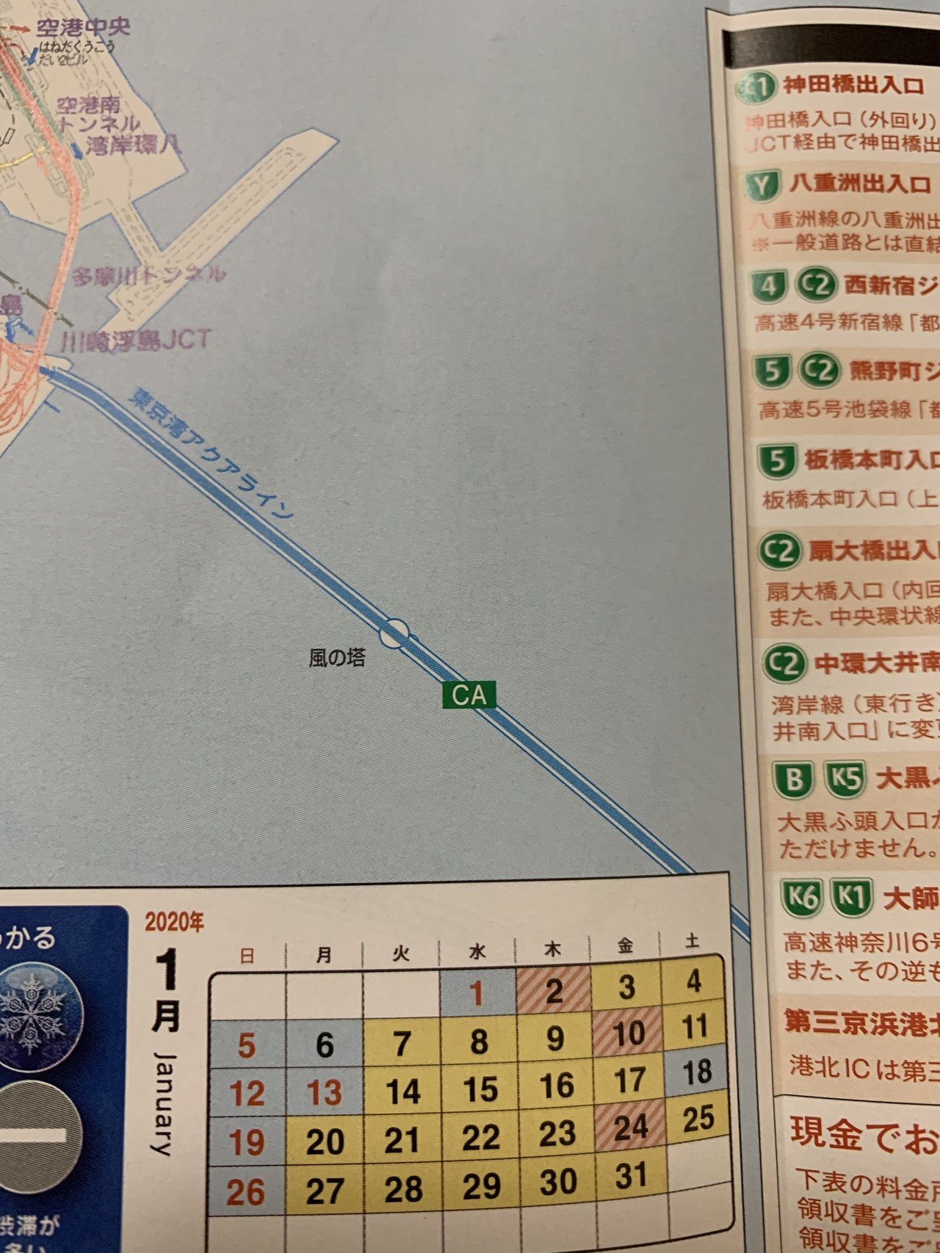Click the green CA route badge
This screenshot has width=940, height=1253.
(x=469, y=695)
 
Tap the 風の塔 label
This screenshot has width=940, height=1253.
(x=336, y=658)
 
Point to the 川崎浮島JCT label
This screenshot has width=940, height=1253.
(x=136, y=341)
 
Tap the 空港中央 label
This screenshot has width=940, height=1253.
(x=83, y=28)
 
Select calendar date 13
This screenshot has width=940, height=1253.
(x=324, y=1093)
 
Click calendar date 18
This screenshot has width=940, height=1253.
(x=697, y=1072)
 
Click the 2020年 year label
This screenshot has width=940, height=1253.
(x=174, y=922)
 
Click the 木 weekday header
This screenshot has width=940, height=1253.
(x=552, y=950)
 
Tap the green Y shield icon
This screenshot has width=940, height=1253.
(x=763, y=186)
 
